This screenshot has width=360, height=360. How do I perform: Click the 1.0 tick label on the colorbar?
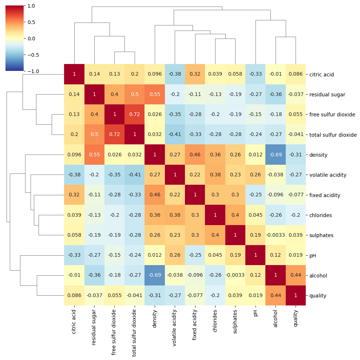coord(32,6)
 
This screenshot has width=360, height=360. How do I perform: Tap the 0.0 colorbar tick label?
coord(32,38)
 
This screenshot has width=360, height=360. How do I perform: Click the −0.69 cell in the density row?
coord(276,155)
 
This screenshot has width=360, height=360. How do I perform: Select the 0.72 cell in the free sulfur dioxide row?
coord(135,115)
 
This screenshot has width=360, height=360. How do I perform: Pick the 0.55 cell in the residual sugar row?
coord(155,94)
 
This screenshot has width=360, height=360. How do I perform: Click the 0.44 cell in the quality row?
coord(276,296)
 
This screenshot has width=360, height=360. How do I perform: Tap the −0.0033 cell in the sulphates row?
coord(276,235)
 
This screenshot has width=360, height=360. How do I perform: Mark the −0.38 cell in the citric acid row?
coord(175,74)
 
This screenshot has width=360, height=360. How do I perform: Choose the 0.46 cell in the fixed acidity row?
coord(155,195)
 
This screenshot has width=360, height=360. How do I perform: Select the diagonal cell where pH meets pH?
coord(256,255)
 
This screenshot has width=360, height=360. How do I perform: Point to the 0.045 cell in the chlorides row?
coord(256,215)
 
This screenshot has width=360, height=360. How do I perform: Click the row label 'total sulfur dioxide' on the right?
coord(333,135)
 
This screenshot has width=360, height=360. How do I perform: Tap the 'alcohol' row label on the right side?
coord(318,276)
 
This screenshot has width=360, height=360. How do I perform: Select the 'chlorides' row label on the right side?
coord(320,215)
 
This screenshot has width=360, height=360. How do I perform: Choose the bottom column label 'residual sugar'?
coord(94,327)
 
